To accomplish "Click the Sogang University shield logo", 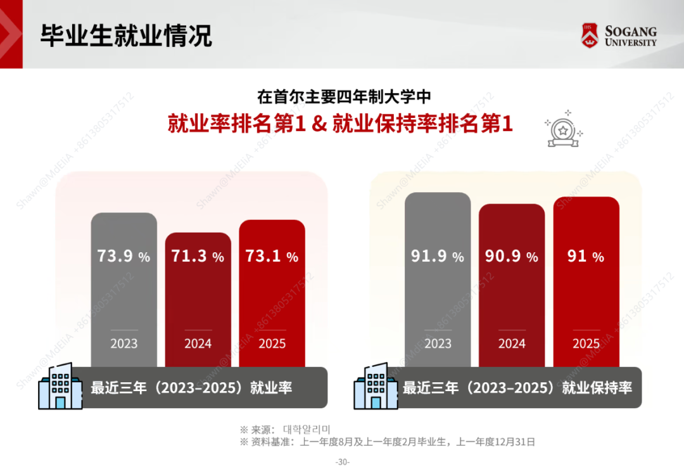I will point(590,35).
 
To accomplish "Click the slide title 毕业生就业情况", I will point(126,35).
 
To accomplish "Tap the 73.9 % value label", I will point(123,256).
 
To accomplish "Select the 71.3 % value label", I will point(198,256).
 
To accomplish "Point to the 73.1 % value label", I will point(272,256).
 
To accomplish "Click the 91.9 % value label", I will point(438,256).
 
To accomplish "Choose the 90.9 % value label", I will point(511,256).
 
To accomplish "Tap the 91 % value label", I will point(586,256).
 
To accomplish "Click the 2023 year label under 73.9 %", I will point(123,344).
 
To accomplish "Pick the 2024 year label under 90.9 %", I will point(512,344).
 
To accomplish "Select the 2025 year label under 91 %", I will point(586,344).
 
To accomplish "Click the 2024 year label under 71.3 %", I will point(198,344).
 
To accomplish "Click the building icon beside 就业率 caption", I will point(60,386).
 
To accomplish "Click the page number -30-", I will point(342,462).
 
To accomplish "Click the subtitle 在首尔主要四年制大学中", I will point(343,97).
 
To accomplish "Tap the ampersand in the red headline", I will point(320,123).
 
